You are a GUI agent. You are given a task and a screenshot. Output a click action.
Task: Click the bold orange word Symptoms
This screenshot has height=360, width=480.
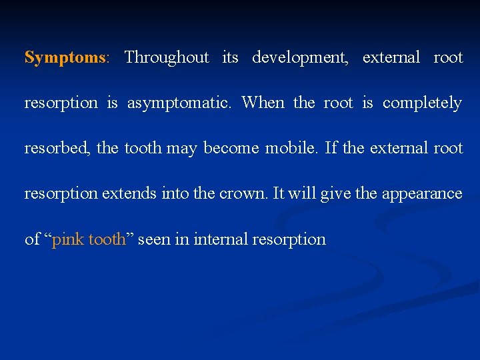point(65,58)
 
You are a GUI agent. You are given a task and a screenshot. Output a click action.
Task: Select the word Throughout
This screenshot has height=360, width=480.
point(166,58)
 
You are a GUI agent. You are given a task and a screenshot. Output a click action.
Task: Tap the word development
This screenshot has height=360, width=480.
point(299,58)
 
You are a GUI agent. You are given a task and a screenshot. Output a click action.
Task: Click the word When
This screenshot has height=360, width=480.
point(263,103)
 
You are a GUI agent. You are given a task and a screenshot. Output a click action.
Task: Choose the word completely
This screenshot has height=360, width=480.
point(422,103)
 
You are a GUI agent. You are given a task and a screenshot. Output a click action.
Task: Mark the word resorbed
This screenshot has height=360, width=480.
point(57,148)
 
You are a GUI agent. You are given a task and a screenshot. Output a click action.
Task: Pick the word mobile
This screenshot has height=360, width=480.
point(294,148)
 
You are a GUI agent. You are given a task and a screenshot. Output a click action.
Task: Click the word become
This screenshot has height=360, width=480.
point(231,148)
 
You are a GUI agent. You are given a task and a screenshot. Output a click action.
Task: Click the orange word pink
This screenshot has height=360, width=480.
point(68,239)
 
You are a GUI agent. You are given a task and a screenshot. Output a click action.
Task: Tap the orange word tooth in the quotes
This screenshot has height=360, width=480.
point(107,239)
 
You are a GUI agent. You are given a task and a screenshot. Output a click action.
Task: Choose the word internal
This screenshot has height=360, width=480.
point(221,239)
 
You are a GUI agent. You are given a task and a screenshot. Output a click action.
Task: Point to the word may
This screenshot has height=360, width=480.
point(181,149)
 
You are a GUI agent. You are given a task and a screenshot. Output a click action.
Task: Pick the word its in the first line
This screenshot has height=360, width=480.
point(230,58)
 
